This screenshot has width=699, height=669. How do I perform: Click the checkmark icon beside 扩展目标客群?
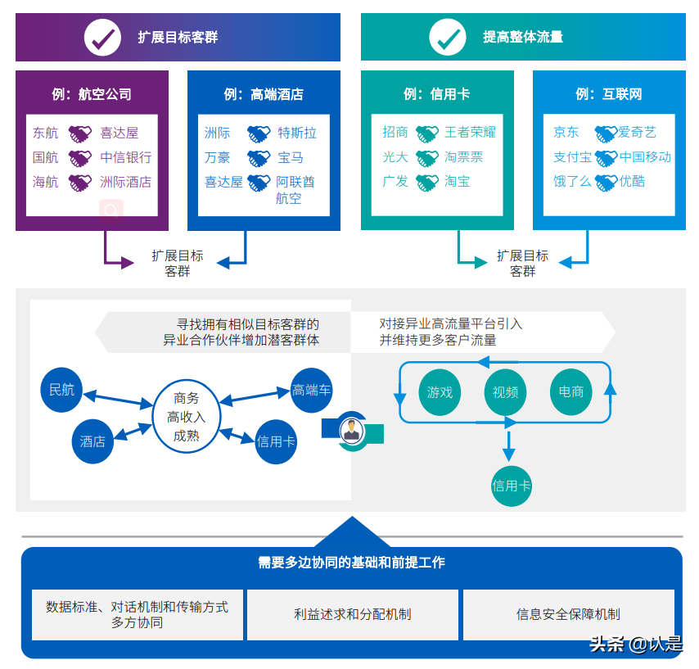[x=103, y=37]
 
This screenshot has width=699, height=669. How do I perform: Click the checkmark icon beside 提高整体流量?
[x=448, y=37]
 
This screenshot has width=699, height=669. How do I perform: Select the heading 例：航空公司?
[x=92, y=94]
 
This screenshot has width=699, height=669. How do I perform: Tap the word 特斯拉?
[x=296, y=133]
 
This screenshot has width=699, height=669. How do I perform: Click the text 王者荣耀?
[x=470, y=132]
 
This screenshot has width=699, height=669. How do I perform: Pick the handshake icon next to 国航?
[x=79, y=157]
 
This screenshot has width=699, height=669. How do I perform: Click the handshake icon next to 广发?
[x=426, y=181]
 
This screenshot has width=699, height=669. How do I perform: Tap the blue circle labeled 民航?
[x=61, y=390]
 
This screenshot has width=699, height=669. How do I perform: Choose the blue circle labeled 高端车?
[x=312, y=390]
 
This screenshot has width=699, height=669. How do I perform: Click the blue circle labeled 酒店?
[x=92, y=441]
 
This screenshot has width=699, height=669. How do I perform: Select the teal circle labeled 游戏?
[x=440, y=392]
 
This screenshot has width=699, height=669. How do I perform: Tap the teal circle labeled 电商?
[x=571, y=391]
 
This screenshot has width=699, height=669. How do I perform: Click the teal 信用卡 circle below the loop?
[x=512, y=486]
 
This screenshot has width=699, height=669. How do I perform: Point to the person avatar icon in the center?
[x=351, y=430]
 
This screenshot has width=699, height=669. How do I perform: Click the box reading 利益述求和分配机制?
[x=352, y=614]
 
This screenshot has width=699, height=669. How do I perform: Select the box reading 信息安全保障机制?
[x=568, y=614]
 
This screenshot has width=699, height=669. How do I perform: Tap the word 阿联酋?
[x=295, y=182]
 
